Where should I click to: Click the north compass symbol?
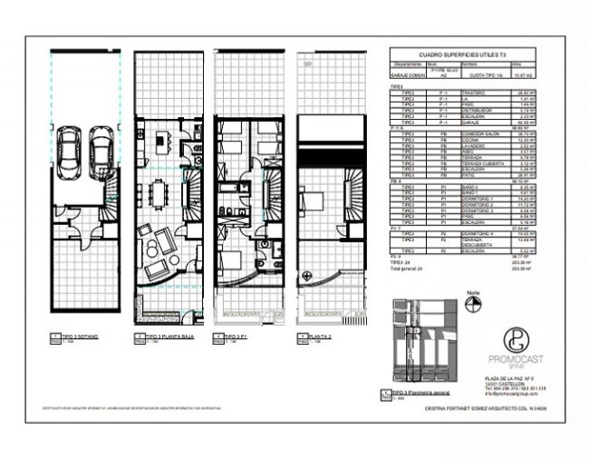pyautogui.click(x=472, y=306)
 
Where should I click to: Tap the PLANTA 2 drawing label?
pyautogui.click(x=320, y=336)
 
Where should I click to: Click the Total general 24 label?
pyautogui.click(x=408, y=269)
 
